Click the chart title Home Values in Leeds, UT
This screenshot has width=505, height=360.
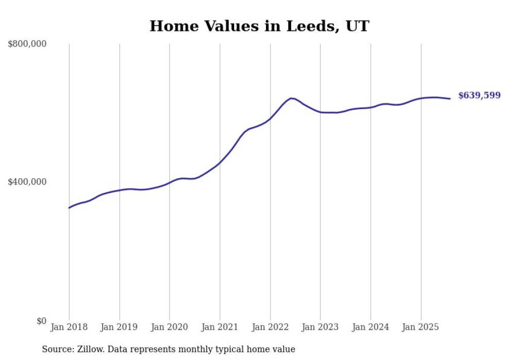(x=259, y=26)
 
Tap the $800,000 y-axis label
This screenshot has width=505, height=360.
(x=27, y=44)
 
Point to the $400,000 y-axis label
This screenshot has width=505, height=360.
(x=27, y=182)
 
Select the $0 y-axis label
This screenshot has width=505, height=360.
(x=41, y=321)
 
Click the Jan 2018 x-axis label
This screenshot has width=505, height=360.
(x=69, y=327)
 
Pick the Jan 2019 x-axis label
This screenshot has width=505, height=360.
(x=119, y=327)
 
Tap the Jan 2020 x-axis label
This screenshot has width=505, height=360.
(x=170, y=327)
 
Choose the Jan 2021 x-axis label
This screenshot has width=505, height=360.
(x=220, y=327)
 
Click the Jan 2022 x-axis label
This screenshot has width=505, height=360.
(x=270, y=327)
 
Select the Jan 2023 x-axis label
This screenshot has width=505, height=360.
(x=320, y=327)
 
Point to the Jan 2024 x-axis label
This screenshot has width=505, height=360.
(x=371, y=327)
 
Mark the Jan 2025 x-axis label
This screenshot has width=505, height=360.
(x=420, y=327)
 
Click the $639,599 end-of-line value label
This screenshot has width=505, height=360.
(x=479, y=96)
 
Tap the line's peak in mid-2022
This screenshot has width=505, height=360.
(x=292, y=98)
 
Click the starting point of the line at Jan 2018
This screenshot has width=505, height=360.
(x=69, y=208)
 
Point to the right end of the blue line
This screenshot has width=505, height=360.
(x=450, y=98)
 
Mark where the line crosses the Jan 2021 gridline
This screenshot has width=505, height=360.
(x=220, y=163)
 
